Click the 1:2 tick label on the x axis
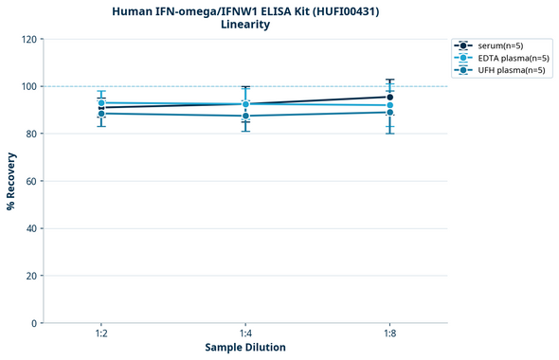pos(101,334)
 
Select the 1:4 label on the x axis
pos(245,334)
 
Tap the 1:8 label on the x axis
pos(389,334)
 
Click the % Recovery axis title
pos(12,181)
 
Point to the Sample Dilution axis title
pos(245,348)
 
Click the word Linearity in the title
pos(245,25)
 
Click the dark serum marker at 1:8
pos(389,97)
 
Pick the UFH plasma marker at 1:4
pos(245,116)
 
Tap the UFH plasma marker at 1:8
pos(389,112)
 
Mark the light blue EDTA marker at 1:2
pos(101,102)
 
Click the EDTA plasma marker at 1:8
pos(389,105)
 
